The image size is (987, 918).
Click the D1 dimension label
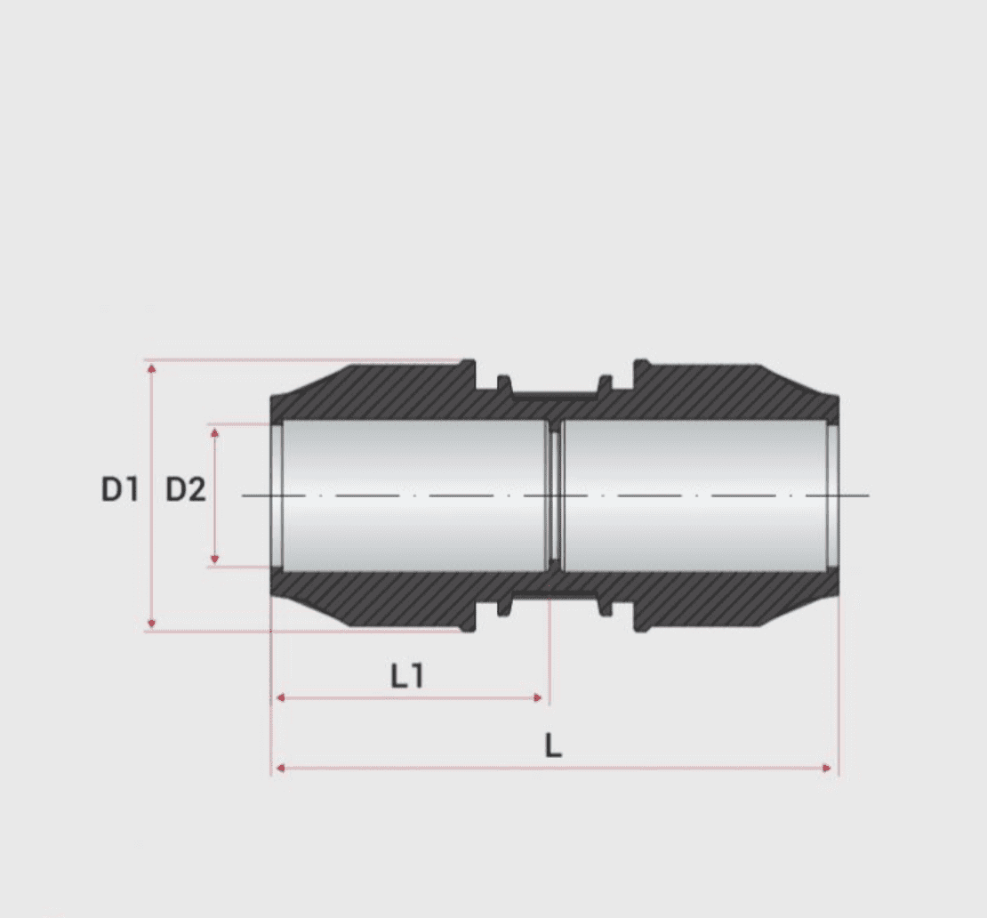coord(120,489)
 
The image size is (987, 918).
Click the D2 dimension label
coord(186,489)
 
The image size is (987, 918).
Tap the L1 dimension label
coord(407,677)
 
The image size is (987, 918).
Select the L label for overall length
coord(553,746)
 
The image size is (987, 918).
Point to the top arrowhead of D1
coord(152,366)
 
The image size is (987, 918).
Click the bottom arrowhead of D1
coord(152,624)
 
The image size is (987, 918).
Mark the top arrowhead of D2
coord(214,431)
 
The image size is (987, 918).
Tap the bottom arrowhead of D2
coord(214,559)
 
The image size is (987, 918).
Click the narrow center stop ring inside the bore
coord(555,495)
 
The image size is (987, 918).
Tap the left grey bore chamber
coord(413,495)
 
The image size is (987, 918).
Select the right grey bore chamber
coord(694,495)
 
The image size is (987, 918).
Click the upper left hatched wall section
coord(382,391)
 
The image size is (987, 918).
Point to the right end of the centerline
coord(866,495)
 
